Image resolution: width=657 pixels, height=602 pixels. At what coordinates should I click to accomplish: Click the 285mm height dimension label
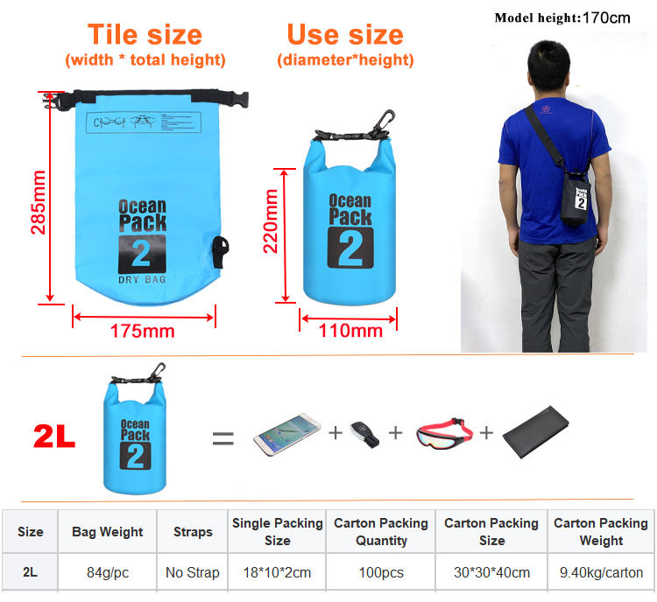coord(39,202)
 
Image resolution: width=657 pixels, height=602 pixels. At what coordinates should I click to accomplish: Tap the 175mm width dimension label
coord(143,331)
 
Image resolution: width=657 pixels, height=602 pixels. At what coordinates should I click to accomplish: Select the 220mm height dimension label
coord(271,221)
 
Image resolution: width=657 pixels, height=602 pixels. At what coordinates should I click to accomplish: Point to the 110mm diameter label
coord(350,331)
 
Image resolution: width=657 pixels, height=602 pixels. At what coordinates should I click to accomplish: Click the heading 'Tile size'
coord(145,34)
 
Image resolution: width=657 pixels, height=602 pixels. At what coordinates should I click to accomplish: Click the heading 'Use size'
coord(345,34)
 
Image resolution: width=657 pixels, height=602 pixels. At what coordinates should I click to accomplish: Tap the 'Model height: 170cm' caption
coord(562,18)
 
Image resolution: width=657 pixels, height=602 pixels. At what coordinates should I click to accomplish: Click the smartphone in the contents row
coord(287,434)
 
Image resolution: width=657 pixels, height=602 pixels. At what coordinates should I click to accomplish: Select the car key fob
coord(364,434)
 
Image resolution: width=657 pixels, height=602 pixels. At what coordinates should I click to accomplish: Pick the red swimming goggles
coord(444,432)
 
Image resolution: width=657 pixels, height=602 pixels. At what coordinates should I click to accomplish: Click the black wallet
coord(535,432)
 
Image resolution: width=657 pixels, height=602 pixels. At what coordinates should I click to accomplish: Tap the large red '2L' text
coord(54,437)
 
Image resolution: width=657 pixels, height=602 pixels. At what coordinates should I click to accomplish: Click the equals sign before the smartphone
coord(223,438)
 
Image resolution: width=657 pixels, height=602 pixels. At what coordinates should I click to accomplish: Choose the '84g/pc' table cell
coord(108,572)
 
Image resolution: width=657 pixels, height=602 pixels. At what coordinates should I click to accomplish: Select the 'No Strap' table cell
coord(193,572)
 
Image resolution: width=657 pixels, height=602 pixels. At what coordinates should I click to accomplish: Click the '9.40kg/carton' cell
coord(601,572)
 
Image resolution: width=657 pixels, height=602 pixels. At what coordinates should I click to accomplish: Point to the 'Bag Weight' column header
coord(107,532)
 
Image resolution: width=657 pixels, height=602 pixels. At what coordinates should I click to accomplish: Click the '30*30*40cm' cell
coord(492,572)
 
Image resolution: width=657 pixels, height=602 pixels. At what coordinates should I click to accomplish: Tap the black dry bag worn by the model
coord(576,199)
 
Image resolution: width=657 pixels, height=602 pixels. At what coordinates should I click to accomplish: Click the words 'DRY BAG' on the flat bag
coord(142,280)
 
